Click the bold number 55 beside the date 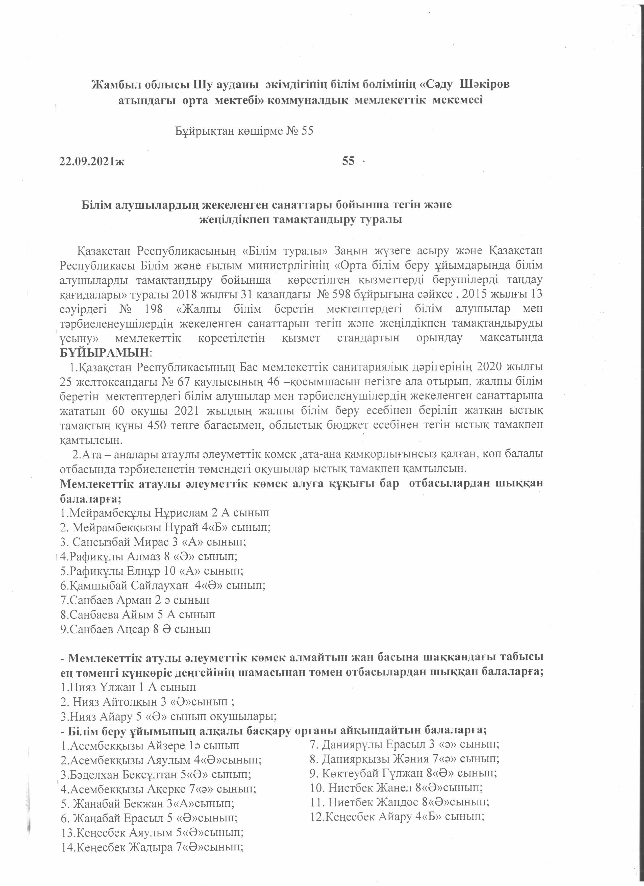(x=348, y=161)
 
